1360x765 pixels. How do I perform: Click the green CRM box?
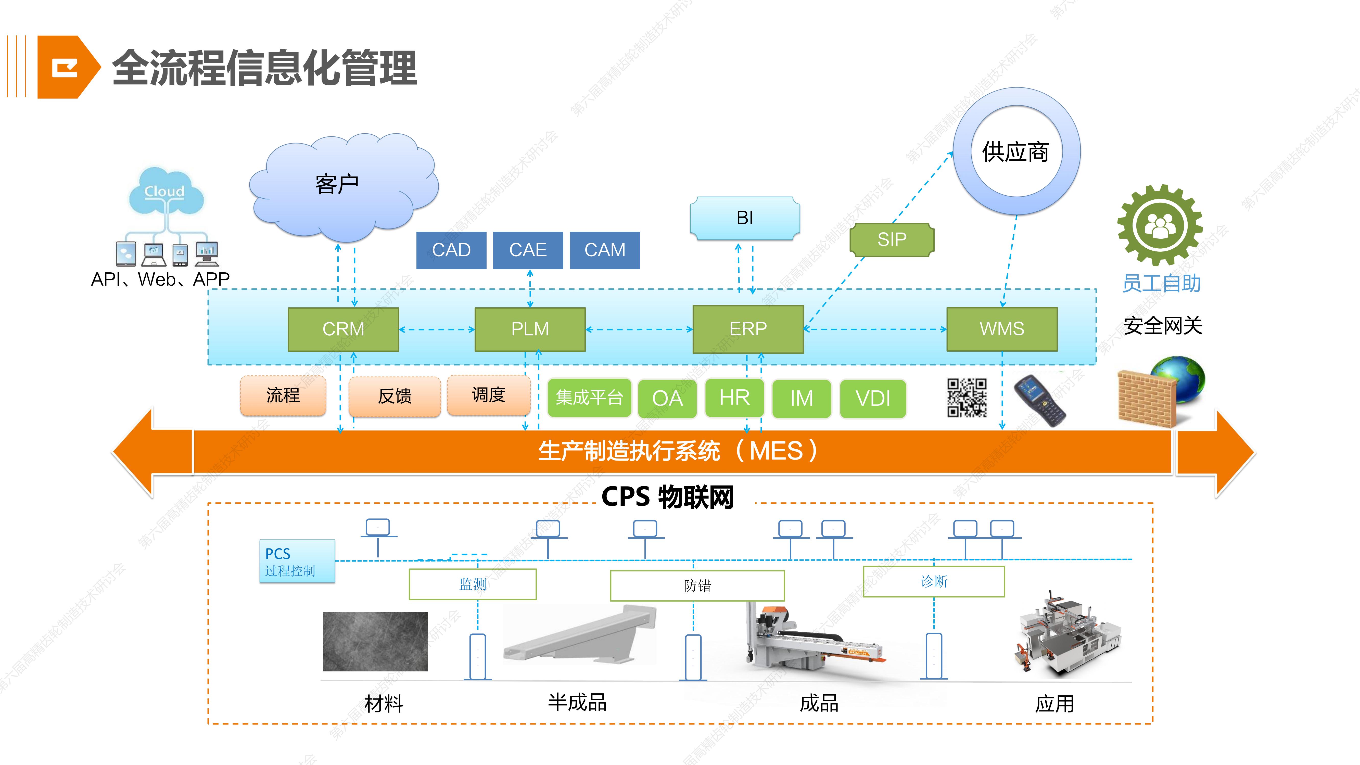pyautogui.click(x=343, y=329)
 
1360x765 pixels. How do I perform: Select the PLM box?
pyautogui.click(x=530, y=329)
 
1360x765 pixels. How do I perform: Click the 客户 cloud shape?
pyautogui.click(x=343, y=185)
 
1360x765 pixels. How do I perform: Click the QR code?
pyautogui.click(x=967, y=398)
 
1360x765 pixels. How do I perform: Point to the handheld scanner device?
pyautogui.click(x=1039, y=400)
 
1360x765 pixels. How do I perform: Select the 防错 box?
pyautogui.click(x=697, y=585)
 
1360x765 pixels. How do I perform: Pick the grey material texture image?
pyautogui.click(x=375, y=642)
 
